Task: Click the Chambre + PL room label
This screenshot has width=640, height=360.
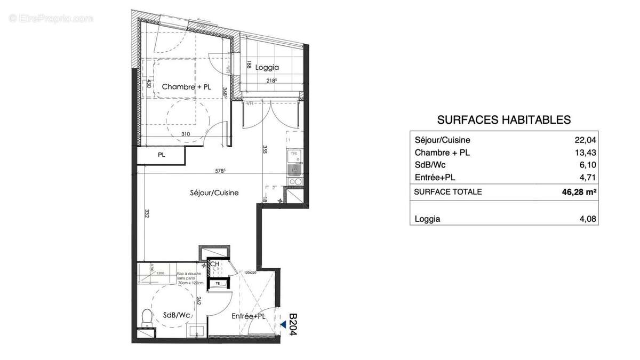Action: coord(186,86)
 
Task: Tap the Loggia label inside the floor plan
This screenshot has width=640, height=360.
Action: coord(267,67)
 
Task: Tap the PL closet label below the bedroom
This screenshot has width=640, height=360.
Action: coord(161,155)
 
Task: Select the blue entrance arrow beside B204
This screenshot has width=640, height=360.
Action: coord(283,323)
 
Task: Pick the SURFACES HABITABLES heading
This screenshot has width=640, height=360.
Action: coord(503,120)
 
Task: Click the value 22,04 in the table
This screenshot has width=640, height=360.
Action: coord(586,140)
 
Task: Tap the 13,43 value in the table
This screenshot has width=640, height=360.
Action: coord(586,153)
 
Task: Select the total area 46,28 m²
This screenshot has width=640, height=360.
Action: coord(579,192)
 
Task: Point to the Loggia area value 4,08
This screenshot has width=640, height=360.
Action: coord(587,219)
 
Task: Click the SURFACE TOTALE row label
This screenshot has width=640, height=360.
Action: coord(448,192)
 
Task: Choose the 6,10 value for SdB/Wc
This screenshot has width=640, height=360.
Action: coord(587,165)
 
